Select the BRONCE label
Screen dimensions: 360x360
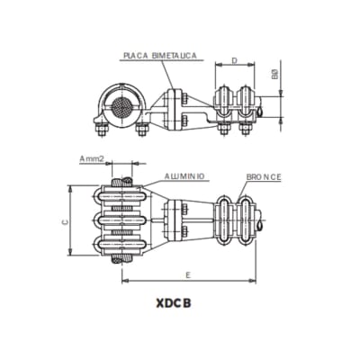click(262, 177)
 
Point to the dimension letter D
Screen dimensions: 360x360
click(234, 62)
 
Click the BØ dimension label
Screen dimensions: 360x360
click(276, 76)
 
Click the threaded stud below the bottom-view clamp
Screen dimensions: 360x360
click(117, 260)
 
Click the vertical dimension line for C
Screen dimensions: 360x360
click(71, 220)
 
